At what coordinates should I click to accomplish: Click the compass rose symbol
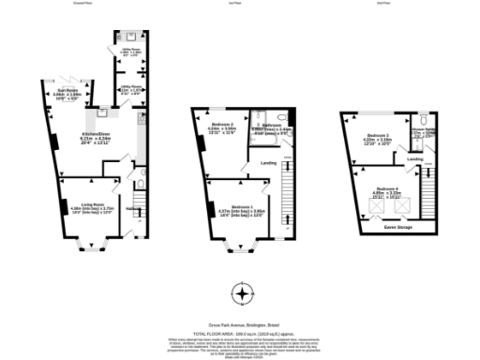242,294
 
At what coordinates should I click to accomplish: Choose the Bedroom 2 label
223,127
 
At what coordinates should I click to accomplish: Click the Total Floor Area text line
240,333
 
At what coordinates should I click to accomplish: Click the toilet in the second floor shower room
424,121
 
